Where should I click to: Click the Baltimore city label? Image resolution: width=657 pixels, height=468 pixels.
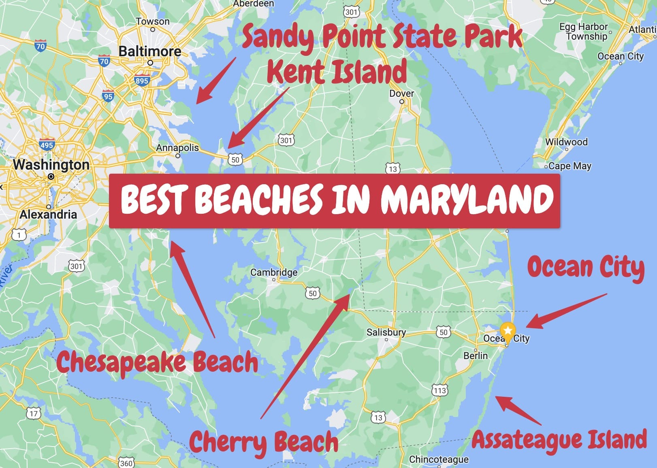click(x=150, y=51)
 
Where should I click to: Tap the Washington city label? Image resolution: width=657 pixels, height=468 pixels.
click(x=51, y=165)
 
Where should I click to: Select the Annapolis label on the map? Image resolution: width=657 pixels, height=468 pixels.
click(x=177, y=148)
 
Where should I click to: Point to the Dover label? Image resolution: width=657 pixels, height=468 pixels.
click(x=401, y=94)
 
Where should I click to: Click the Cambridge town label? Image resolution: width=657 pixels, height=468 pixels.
click(x=274, y=272)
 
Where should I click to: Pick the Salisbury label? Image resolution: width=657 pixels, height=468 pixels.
click(x=386, y=332)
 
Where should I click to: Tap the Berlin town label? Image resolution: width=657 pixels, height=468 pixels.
click(x=476, y=355)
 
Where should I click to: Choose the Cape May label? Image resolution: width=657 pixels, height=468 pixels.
click(x=570, y=166)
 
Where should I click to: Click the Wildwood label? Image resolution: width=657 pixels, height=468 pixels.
click(x=566, y=142)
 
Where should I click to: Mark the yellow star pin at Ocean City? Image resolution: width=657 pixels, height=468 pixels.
click(x=508, y=331)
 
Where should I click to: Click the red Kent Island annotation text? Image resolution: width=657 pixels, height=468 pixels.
click(x=337, y=72)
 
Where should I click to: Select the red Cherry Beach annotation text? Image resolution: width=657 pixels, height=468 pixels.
click(x=264, y=442)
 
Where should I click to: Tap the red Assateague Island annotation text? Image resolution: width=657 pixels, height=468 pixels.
click(x=559, y=440)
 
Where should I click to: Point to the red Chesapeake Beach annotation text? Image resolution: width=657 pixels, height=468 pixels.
click(x=157, y=362)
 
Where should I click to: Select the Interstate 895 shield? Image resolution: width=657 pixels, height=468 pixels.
click(x=142, y=81)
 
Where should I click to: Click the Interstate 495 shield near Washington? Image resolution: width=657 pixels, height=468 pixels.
click(x=47, y=145)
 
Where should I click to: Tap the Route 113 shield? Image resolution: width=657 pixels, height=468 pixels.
click(x=440, y=390)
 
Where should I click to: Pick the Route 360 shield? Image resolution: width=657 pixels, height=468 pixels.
click(x=126, y=463)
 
